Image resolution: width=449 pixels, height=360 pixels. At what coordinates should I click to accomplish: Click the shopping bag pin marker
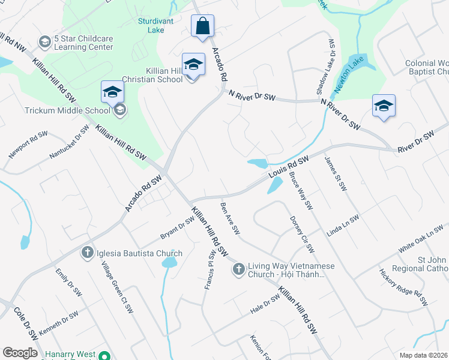203,26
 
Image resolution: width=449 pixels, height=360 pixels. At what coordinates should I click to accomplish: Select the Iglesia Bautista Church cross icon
87,252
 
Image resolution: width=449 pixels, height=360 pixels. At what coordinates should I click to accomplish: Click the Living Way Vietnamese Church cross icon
238,268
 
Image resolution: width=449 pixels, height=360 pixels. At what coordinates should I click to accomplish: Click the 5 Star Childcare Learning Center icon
44,41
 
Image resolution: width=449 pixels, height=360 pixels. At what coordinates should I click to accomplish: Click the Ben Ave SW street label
230,219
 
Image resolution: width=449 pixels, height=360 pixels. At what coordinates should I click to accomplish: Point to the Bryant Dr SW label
177,227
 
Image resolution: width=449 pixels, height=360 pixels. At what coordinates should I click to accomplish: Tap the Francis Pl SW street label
209,271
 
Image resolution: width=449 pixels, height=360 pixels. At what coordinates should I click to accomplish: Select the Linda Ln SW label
342,225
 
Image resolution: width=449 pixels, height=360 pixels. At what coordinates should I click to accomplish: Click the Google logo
20,353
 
